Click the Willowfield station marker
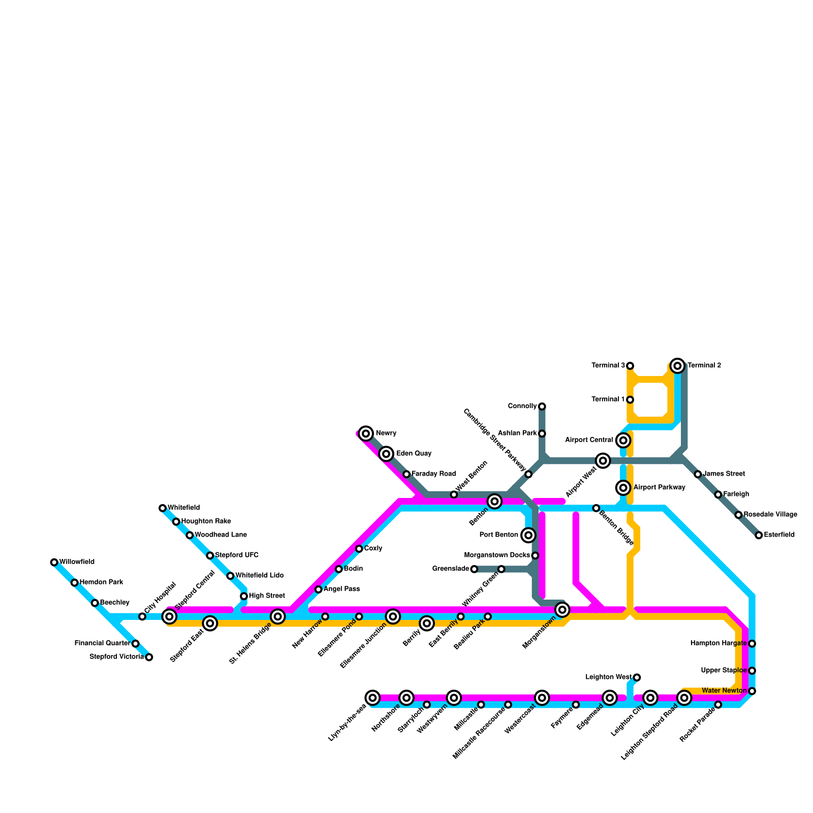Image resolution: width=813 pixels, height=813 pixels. [x=54, y=562]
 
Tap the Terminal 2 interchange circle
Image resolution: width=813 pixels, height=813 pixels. [x=677, y=365]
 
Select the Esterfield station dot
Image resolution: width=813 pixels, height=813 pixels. [x=759, y=535]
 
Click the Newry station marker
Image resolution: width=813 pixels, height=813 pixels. [x=366, y=433]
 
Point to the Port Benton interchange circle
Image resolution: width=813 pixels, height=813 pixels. [x=528, y=535]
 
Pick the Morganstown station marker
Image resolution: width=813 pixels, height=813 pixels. [x=562, y=609]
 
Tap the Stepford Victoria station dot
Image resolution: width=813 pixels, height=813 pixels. [x=149, y=658]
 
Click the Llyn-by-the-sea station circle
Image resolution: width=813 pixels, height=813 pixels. [x=372, y=698]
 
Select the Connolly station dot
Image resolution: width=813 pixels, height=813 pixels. [x=542, y=406]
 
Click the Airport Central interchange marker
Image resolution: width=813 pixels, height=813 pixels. [x=623, y=440]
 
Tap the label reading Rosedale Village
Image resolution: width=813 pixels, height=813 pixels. [x=770, y=515]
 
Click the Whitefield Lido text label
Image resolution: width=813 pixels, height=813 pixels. [x=260, y=576]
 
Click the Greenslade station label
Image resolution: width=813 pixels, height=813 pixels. [x=450, y=569]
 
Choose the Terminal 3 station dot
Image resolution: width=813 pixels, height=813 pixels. [x=630, y=366]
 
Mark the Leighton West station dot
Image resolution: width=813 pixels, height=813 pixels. [x=637, y=677]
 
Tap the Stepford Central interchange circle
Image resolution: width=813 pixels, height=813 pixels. [x=169, y=617]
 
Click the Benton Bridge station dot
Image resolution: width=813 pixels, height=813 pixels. [x=596, y=508]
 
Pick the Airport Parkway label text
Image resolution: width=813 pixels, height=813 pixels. [x=659, y=488]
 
